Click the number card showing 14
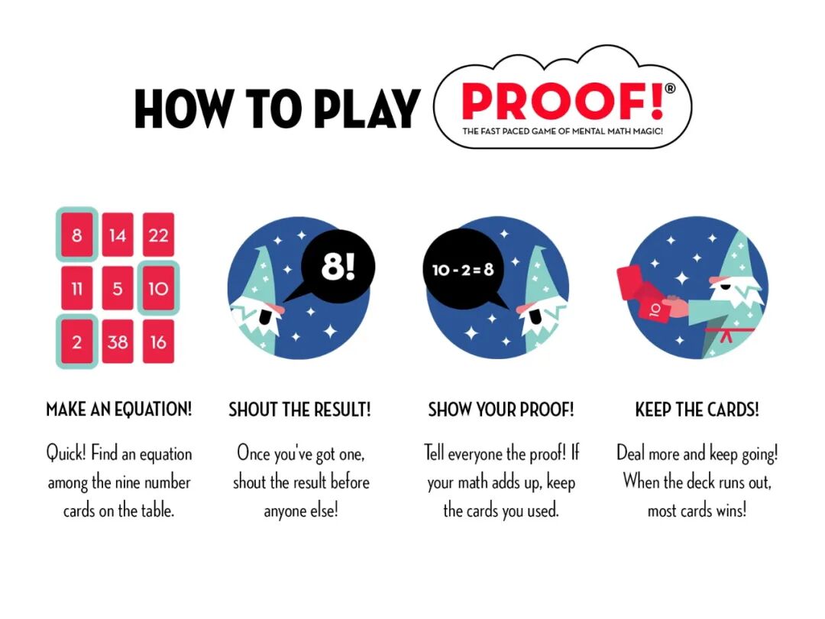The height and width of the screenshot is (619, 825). tap(118, 235)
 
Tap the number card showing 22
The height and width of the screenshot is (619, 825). tap(158, 235)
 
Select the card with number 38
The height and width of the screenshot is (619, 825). tap(118, 342)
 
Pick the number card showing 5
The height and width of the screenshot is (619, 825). tap(118, 288)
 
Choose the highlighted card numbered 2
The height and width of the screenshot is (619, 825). tap(77, 342)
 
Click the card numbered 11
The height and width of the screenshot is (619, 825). tap(77, 288)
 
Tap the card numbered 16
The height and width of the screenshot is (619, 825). tap(158, 342)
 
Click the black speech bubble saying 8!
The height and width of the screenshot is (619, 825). tap(337, 267)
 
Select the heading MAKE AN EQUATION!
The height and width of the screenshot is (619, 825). tap(119, 410)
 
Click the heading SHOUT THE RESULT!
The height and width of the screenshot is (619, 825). tap(300, 410)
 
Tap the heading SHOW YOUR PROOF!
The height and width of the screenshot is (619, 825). tap(501, 410)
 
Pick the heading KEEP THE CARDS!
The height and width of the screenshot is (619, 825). tap(697, 410)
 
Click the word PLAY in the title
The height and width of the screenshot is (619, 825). tap(367, 109)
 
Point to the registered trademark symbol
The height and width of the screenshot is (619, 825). tap(670, 89)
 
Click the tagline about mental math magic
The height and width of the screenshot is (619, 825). tap(562, 131)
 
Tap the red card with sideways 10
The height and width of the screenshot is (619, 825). tap(654, 310)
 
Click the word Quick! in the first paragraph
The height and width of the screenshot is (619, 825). tap(66, 454)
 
